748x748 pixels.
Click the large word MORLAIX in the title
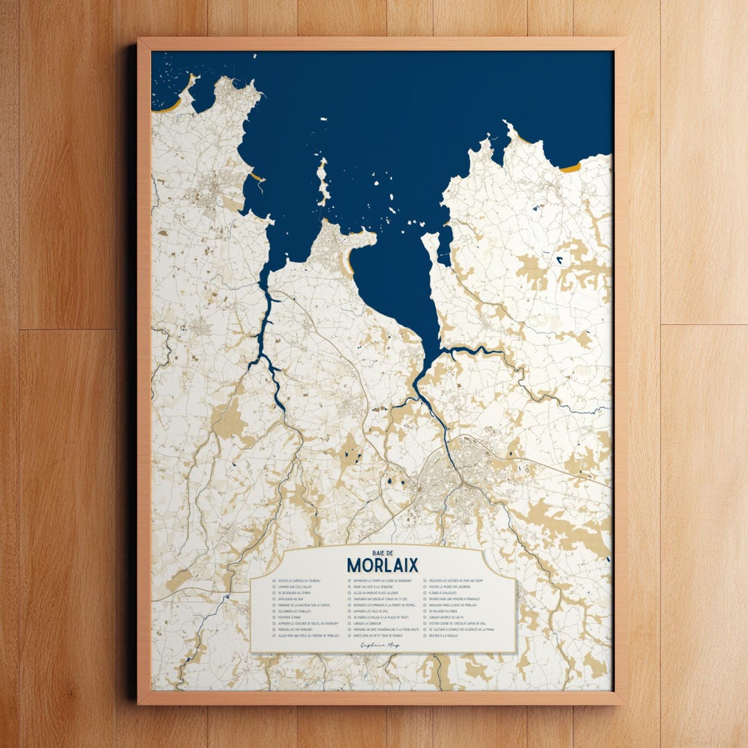click(382, 565)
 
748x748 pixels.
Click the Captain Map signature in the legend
click(381, 644)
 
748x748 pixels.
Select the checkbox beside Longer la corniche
click(350, 623)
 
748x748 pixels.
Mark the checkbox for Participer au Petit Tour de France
click(350, 635)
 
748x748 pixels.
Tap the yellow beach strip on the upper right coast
click(570, 167)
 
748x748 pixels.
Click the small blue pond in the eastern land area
click(559, 260)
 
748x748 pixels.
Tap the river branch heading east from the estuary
click(478, 351)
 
